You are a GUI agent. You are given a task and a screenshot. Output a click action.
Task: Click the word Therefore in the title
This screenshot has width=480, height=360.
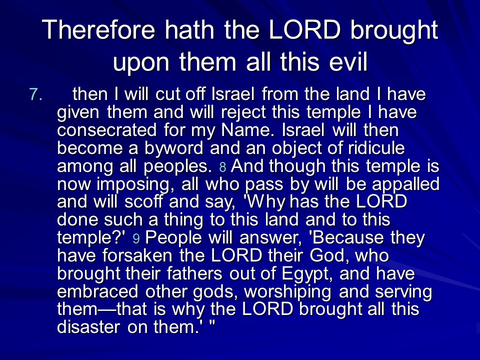98,29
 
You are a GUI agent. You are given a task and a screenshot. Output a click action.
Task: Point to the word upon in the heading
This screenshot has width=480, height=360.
141,63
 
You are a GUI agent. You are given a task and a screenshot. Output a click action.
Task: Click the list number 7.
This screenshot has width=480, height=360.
36,94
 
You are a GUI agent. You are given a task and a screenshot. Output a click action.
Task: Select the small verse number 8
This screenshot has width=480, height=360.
223,167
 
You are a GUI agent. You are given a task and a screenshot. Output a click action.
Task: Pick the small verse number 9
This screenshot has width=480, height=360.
136,239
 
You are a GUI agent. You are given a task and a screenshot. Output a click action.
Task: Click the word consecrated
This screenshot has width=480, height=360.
107,130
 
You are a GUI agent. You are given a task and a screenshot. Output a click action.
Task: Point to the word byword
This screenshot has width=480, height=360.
173,149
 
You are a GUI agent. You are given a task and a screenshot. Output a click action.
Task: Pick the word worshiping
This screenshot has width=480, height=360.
287,292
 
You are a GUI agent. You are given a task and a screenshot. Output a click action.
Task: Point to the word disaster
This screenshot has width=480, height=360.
88,326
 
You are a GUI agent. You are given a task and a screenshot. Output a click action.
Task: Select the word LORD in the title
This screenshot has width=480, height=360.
304,29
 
